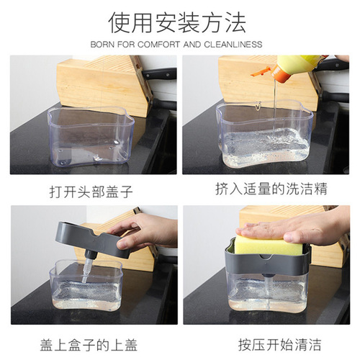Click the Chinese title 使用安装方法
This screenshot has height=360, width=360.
[x=179, y=22]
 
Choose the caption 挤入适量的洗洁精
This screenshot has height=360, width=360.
[x=266, y=190]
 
